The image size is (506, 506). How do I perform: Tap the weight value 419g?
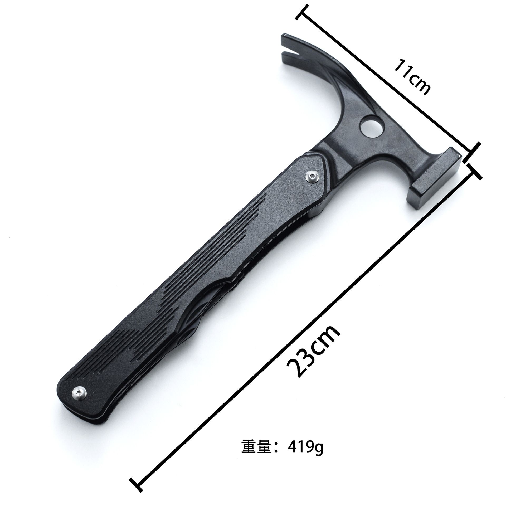coord(306,425)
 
